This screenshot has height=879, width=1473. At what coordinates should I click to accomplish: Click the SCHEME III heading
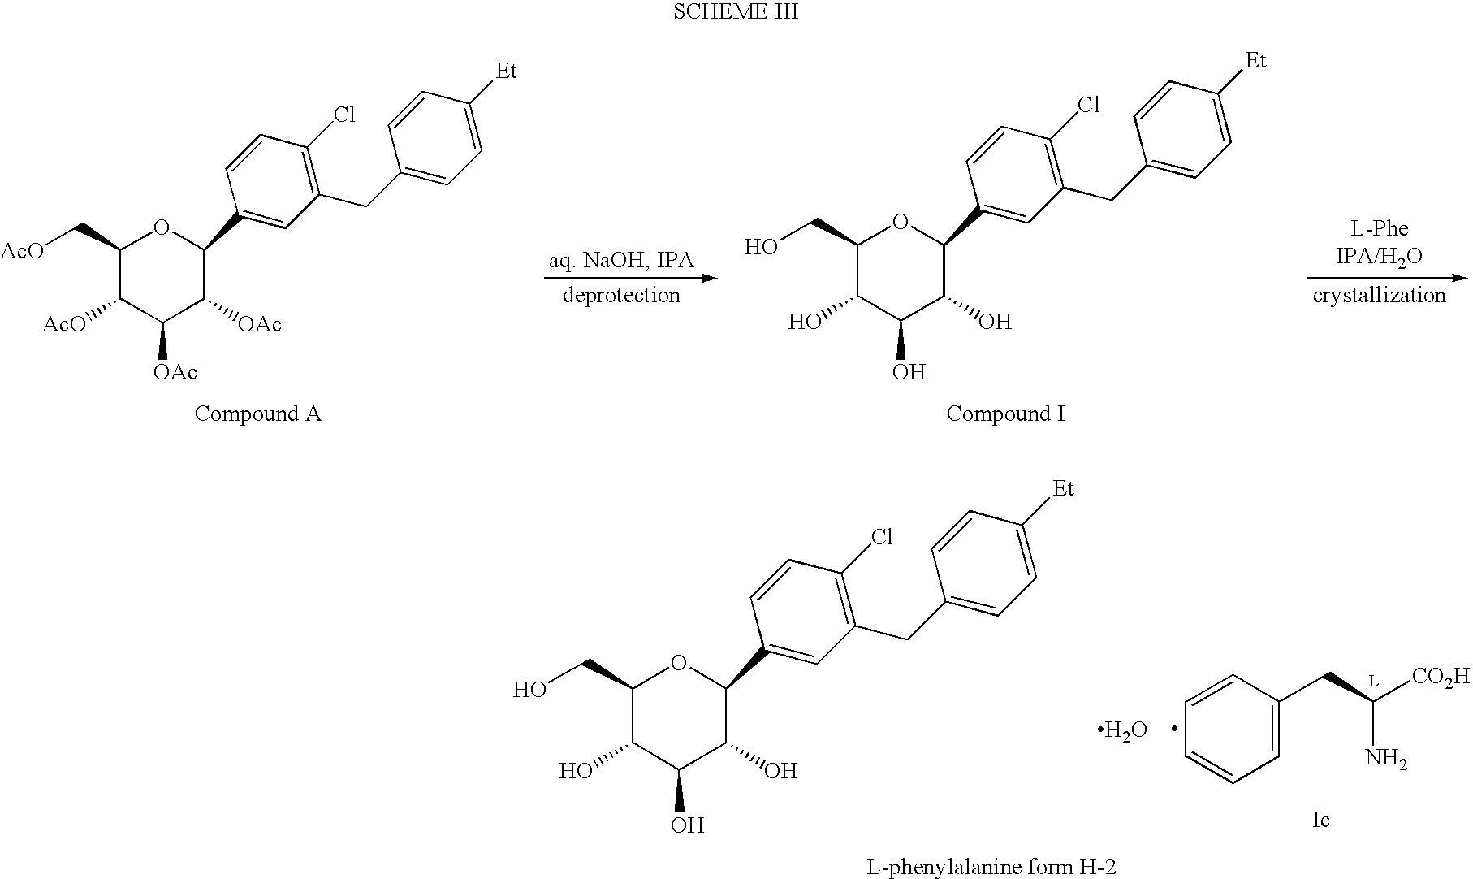click(736, 11)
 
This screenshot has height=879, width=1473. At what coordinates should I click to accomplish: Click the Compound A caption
click(257, 414)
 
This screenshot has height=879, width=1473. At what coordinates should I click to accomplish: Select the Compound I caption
click(1005, 414)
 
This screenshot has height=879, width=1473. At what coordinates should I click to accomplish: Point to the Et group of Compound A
click(505, 71)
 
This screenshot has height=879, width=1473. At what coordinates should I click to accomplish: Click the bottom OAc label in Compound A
click(175, 372)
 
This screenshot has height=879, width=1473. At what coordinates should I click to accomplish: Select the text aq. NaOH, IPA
click(621, 261)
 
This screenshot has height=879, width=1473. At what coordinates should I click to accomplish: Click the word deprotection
click(621, 295)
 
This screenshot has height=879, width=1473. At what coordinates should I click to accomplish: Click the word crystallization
click(1380, 295)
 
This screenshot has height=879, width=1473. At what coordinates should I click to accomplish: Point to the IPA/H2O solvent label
click(1380, 257)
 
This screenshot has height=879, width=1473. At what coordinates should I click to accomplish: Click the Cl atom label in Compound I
click(1088, 105)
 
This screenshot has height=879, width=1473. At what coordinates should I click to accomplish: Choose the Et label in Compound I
click(1255, 61)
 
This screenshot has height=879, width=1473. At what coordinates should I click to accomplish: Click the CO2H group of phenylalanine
click(1441, 677)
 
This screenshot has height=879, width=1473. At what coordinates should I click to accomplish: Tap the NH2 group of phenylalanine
click(1386, 759)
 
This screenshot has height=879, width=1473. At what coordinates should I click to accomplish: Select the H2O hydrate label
click(1123, 730)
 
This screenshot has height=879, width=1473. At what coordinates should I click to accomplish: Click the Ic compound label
click(1320, 821)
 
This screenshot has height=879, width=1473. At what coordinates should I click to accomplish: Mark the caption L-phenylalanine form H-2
click(991, 868)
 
